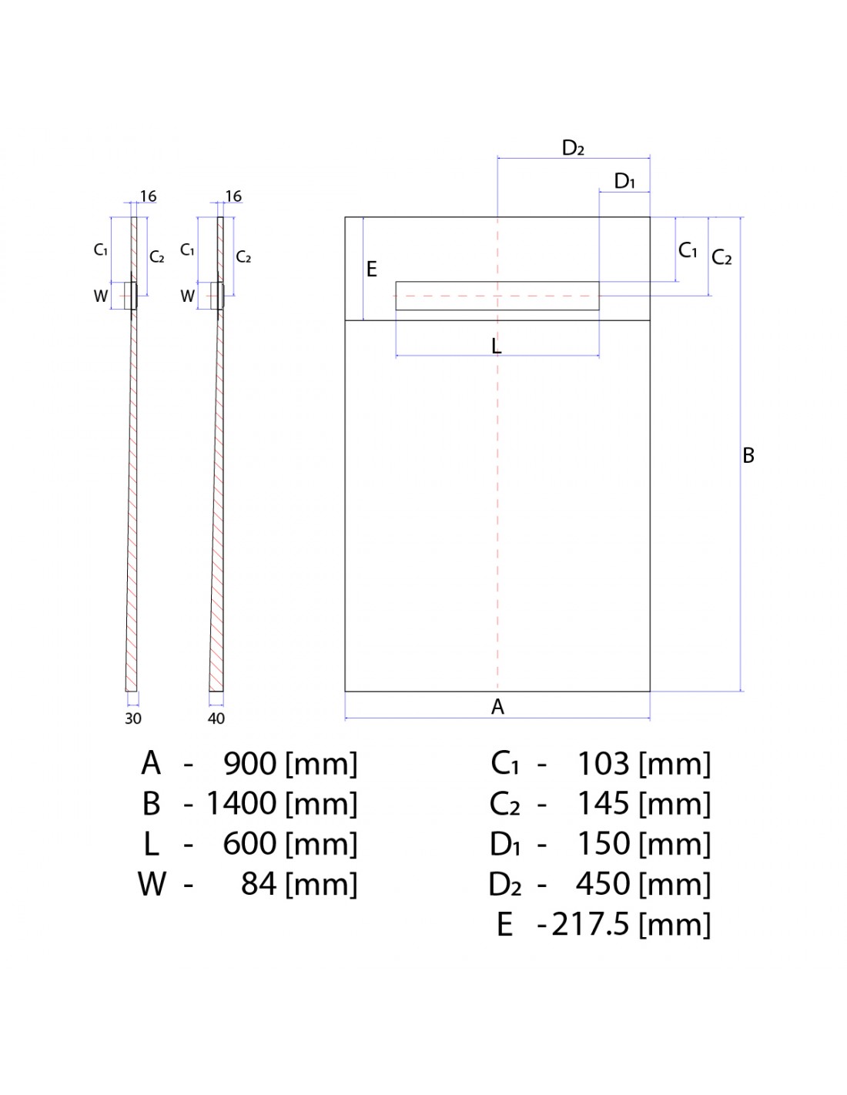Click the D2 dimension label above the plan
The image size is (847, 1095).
click(574, 148)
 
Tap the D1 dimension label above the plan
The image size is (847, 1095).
click(624, 181)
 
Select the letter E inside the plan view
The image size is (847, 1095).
click(372, 270)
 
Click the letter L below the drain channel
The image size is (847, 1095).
click(497, 347)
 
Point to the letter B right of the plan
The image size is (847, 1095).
click(748, 456)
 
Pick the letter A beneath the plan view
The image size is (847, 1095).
click(497, 707)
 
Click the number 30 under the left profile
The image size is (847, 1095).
click(133, 718)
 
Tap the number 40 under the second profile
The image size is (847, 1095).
click(216, 718)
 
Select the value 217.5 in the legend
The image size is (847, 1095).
click(590, 924)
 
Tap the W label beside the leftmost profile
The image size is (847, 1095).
click(101, 296)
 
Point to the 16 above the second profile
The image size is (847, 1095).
click(233, 196)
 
